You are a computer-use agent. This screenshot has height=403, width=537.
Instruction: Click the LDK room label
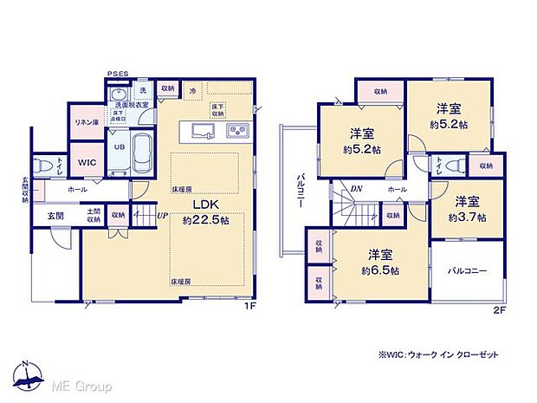pos(204,205)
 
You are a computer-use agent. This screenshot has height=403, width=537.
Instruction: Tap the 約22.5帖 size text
pos(204,220)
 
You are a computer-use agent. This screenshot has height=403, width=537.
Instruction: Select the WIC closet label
pos(87,162)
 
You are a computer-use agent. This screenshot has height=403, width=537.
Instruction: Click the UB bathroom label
pos(120,146)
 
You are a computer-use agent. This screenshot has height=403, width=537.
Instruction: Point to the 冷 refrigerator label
pos(192,89)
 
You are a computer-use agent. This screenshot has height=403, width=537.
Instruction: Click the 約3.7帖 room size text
pos(469,216)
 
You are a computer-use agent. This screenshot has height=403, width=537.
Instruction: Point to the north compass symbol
pos(28,375)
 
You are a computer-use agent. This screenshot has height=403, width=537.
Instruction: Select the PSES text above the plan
pos(118,75)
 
